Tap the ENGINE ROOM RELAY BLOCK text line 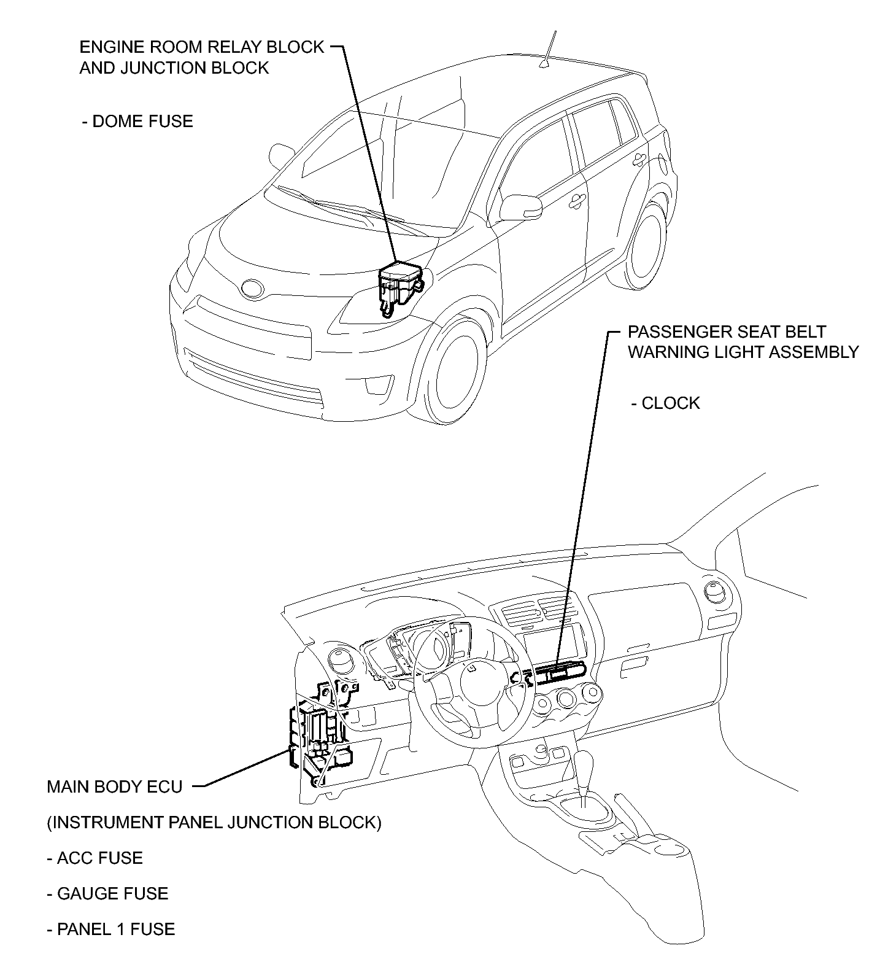point(201,47)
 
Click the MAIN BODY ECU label point(115,786)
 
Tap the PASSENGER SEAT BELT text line point(727,332)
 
